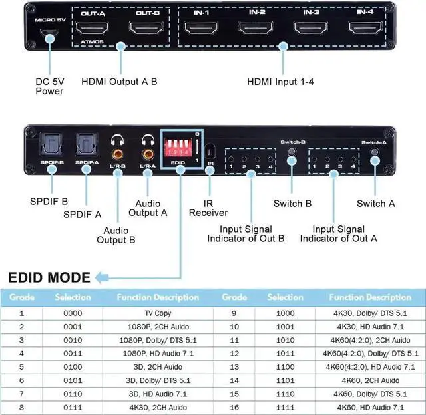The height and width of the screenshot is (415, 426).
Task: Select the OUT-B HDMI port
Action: [146, 29]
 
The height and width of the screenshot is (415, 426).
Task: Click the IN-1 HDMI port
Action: [201, 28]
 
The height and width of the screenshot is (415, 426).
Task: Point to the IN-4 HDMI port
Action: [365, 28]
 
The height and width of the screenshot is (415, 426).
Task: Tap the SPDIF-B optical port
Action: [51, 142]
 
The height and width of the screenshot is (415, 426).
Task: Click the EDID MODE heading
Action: [49, 277]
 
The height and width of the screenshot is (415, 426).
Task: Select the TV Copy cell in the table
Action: [158, 313]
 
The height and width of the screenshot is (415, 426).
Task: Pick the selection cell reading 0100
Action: [73, 366]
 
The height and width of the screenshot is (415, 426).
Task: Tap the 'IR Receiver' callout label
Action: [208, 207]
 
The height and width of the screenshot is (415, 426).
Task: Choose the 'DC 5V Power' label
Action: [50, 87]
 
